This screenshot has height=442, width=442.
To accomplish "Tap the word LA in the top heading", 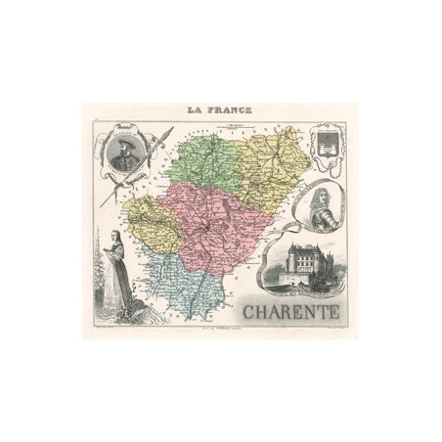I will click(x=190, y=110).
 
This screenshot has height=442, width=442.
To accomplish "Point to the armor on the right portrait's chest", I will click(x=312, y=216).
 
